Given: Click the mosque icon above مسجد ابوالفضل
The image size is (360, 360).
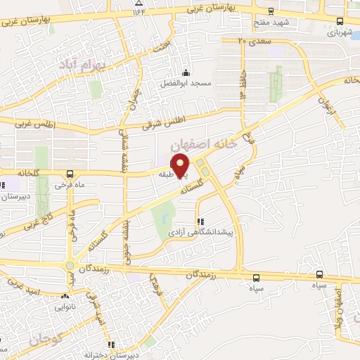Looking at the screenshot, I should [186, 72].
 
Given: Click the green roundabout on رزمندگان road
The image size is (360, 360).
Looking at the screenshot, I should [70, 266].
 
